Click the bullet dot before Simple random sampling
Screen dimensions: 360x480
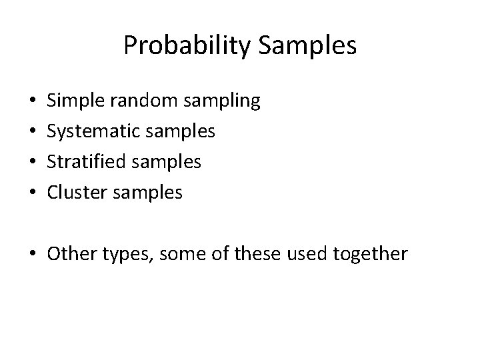click(x=33, y=102)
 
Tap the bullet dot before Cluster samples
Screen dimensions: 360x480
click(x=33, y=193)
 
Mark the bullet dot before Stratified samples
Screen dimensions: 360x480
click(x=33, y=163)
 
